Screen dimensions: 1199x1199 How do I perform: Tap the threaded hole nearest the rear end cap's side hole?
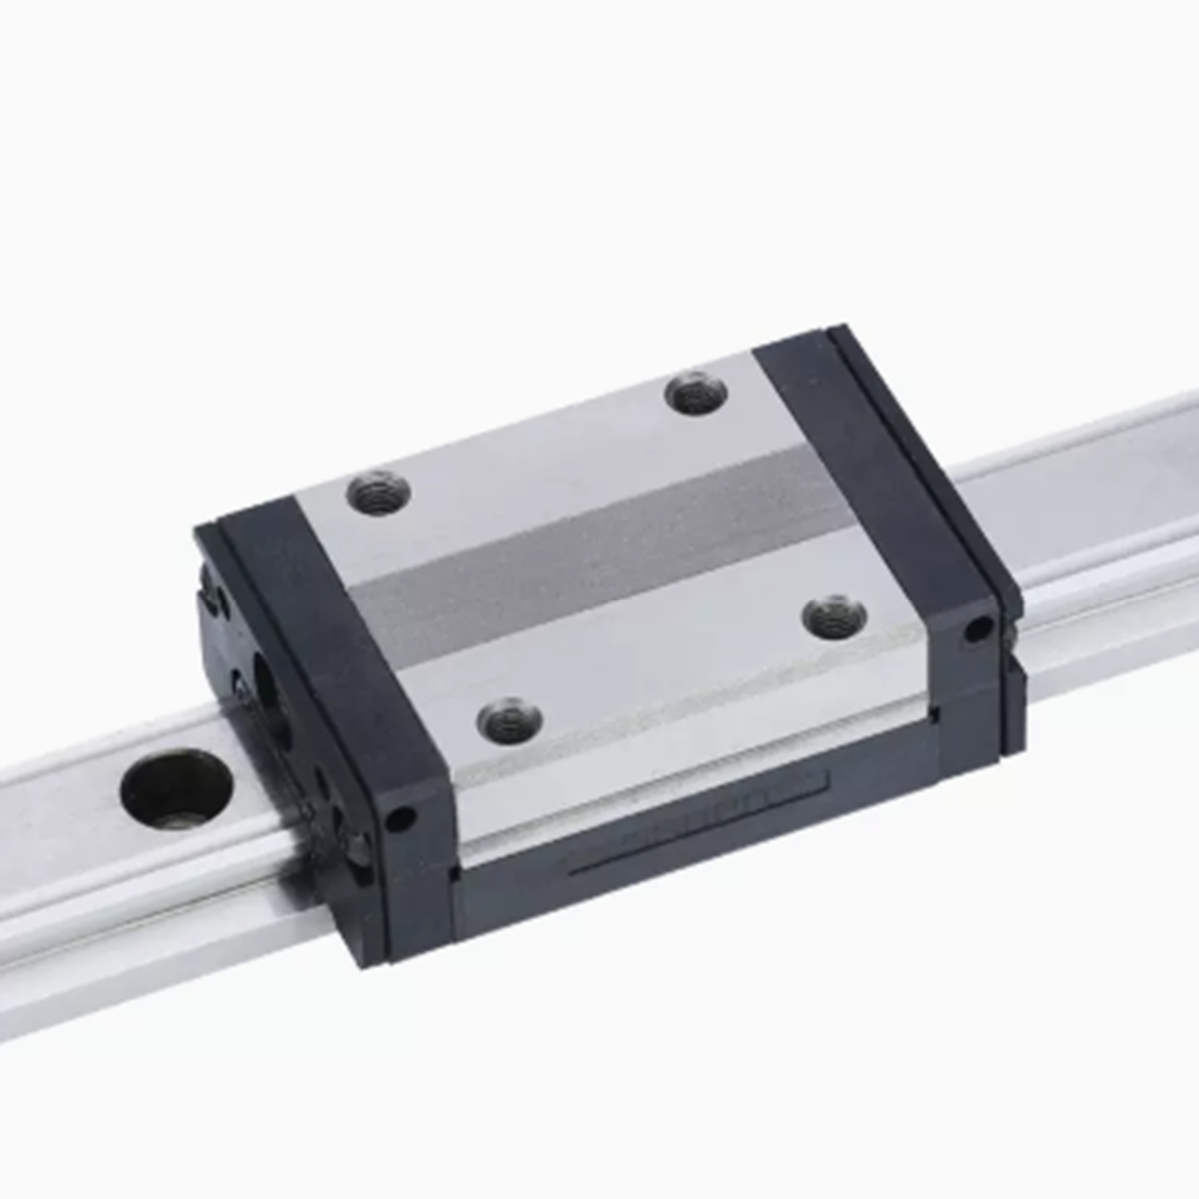[x=834, y=617]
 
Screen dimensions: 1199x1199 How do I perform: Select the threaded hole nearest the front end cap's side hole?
[x=509, y=720]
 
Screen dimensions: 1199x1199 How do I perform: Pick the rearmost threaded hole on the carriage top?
[x=696, y=391]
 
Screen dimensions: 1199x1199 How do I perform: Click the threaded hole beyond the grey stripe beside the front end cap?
[x=378, y=493]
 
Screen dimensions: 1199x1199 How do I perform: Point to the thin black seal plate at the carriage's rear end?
[x=924, y=460]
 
